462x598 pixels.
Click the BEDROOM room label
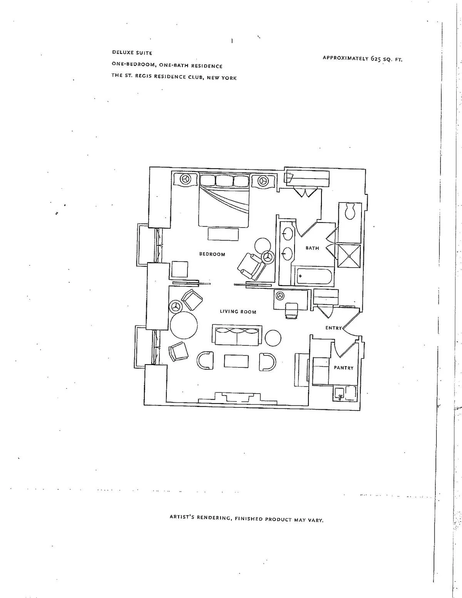click(x=212, y=254)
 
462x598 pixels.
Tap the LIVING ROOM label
click(x=238, y=312)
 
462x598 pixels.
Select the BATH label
click(x=312, y=248)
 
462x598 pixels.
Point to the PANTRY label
click(x=343, y=368)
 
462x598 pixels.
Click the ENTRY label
click(x=333, y=328)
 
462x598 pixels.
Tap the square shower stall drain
click(x=349, y=256)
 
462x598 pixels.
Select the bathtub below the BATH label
click(x=315, y=276)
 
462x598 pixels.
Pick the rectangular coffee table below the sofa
click(x=236, y=361)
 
